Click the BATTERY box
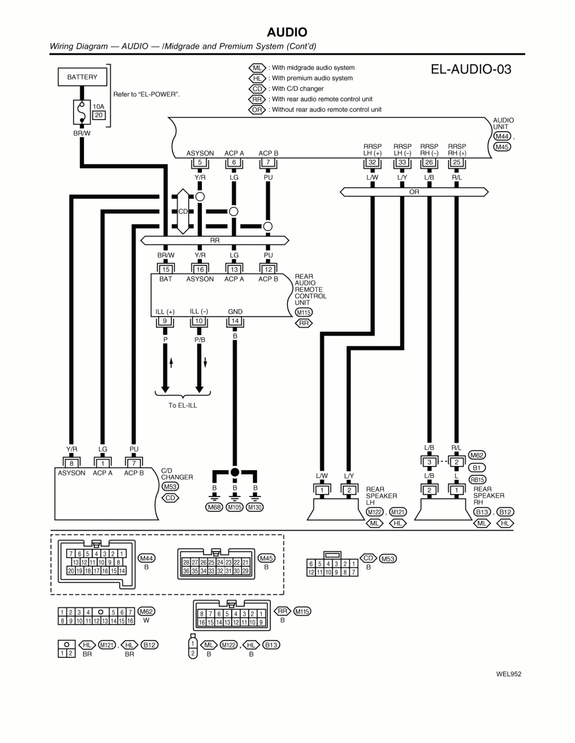82,77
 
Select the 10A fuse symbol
82,112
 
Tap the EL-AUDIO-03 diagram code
470,70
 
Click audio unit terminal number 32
372,163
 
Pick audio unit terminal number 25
457,163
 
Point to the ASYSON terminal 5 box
200,163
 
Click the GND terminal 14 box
235,322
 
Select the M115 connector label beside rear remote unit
303,313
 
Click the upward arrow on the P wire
171,363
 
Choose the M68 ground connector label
214,507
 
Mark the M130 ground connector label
255,507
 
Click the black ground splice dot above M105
235,472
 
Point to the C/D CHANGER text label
177,474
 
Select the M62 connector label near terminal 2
477,455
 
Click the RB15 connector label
477,479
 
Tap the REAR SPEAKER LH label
381,496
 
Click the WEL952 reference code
508,675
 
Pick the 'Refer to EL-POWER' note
146,94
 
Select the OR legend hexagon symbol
257,110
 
